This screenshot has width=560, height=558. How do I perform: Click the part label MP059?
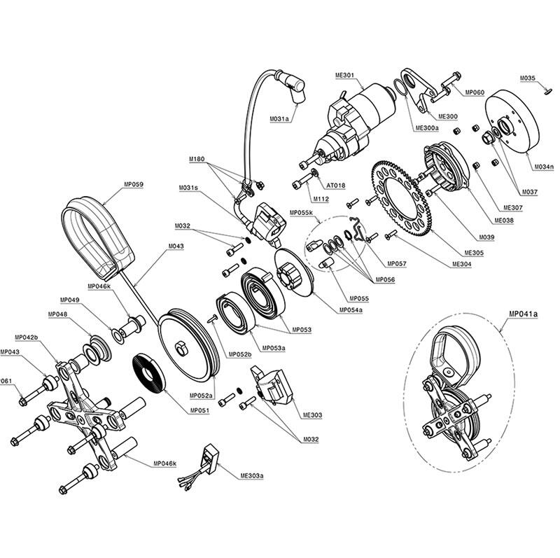click(x=134, y=184)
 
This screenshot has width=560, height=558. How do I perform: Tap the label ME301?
click(x=344, y=76)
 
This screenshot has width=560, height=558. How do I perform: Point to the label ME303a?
click(x=252, y=475)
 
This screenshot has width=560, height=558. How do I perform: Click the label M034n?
click(x=544, y=166)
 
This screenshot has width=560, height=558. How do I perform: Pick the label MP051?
click(x=199, y=410)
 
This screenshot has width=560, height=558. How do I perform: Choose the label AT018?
click(x=336, y=186)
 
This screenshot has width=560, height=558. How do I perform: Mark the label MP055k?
click(x=302, y=213)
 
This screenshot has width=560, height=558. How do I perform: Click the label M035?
click(x=528, y=78)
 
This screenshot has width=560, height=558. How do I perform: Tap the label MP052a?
click(x=201, y=395)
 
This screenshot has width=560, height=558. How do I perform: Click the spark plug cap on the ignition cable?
click(x=292, y=86)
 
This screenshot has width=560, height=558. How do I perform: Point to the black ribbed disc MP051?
click(x=149, y=373)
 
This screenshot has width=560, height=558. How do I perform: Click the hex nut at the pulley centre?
click(x=181, y=348)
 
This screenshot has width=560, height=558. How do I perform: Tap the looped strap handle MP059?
click(x=97, y=236)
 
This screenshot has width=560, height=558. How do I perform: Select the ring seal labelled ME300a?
click(x=400, y=88)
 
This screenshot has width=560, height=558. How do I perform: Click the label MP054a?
click(x=351, y=309)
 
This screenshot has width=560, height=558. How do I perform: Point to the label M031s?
click(x=188, y=188)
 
